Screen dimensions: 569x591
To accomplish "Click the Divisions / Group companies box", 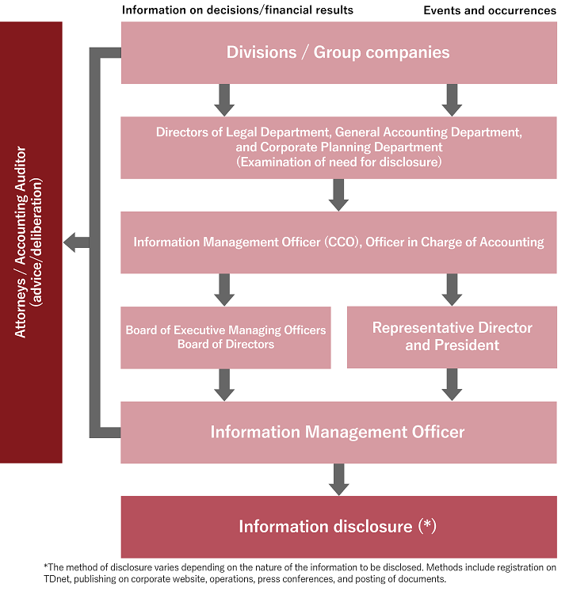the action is (x=339, y=53).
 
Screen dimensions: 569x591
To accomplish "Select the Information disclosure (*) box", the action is (x=339, y=527).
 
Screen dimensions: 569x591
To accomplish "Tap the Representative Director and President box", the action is (x=452, y=337).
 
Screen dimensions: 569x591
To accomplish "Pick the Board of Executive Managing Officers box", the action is (x=226, y=337).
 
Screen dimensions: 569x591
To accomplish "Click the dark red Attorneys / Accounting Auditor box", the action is (x=31, y=242).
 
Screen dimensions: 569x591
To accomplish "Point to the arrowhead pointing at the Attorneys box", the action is (x=71, y=242).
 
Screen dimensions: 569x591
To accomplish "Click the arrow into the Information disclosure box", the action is (x=339, y=479).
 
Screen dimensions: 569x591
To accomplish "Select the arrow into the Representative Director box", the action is (x=452, y=289).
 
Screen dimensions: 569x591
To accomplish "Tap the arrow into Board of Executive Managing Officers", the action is (x=224, y=289).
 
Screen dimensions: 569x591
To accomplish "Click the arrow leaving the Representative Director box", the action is (x=452, y=384).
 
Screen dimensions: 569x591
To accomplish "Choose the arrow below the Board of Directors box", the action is (x=224, y=385).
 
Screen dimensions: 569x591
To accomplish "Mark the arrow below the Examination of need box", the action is (x=338, y=195).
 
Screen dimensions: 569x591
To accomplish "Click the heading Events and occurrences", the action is (x=490, y=10).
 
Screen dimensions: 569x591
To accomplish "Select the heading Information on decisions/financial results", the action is (x=238, y=10).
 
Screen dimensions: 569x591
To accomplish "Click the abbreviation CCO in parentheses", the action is (x=342, y=242).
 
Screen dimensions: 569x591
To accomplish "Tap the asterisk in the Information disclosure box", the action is (x=427, y=524).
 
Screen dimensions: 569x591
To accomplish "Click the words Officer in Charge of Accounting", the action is (x=455, y=242).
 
